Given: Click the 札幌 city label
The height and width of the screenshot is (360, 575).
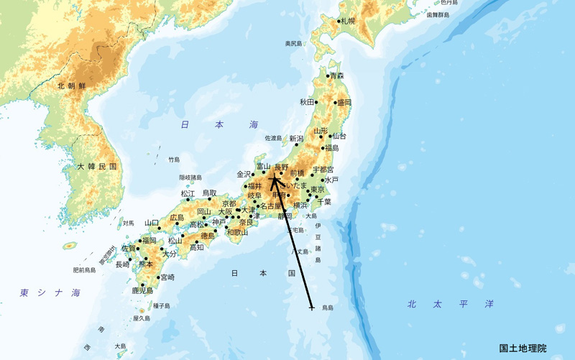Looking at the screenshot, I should click(349, 22).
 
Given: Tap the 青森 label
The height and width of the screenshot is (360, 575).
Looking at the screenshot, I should click(337, 76).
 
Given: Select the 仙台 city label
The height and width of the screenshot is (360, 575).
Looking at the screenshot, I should click(339, 136).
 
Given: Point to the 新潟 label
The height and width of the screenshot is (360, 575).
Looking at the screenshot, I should click(296, 139).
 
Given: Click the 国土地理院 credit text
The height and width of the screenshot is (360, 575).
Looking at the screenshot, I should click(523, 349).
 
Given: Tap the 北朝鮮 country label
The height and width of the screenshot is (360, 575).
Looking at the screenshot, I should click(72, 86).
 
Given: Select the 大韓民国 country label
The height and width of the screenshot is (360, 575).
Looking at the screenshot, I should click(96, 167).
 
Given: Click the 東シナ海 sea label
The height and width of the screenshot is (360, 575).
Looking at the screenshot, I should click(50, 293).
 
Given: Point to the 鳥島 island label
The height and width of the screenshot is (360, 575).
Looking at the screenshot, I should click(327, 308).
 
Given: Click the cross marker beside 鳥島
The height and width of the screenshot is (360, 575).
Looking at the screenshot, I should click(311, 308).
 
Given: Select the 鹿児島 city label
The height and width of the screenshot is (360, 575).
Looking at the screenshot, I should click(142, 291).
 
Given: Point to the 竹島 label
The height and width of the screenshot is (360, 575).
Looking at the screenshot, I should click(174, 160).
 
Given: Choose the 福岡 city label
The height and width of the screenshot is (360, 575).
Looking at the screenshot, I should click(149, 241).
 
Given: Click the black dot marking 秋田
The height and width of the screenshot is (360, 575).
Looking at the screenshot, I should click(316, 102).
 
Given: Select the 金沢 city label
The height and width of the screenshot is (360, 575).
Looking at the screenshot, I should click(244, 174).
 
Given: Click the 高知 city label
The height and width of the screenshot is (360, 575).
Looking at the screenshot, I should click(196, 248).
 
